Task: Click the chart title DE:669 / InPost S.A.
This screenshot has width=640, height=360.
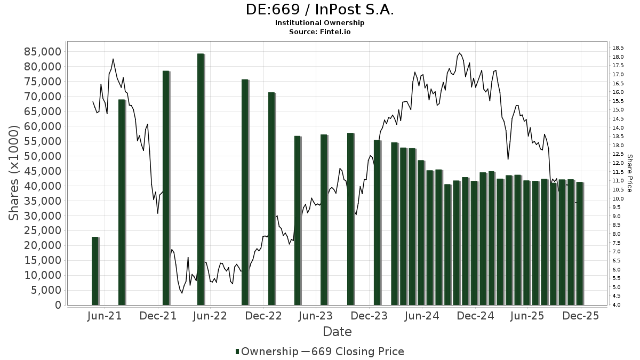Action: click(x=320, y=10)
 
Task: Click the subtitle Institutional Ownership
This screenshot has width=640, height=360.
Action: click(x=320, y=23)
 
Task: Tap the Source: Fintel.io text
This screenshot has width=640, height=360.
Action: click(x=320, y=31)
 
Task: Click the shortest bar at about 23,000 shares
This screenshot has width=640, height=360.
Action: click(x=95, y=271)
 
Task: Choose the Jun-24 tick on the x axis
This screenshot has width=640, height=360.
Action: click(x=421, y=316)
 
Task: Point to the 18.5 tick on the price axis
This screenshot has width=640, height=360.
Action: click(x=619, y=47)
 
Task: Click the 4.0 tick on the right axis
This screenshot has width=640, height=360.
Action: click(x=617, y=305)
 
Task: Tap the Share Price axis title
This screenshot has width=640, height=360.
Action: click(x=630, y=173)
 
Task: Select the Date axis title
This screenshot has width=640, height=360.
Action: click(x=337, y=332)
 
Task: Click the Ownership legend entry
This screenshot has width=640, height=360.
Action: click(x=267, y=351)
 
